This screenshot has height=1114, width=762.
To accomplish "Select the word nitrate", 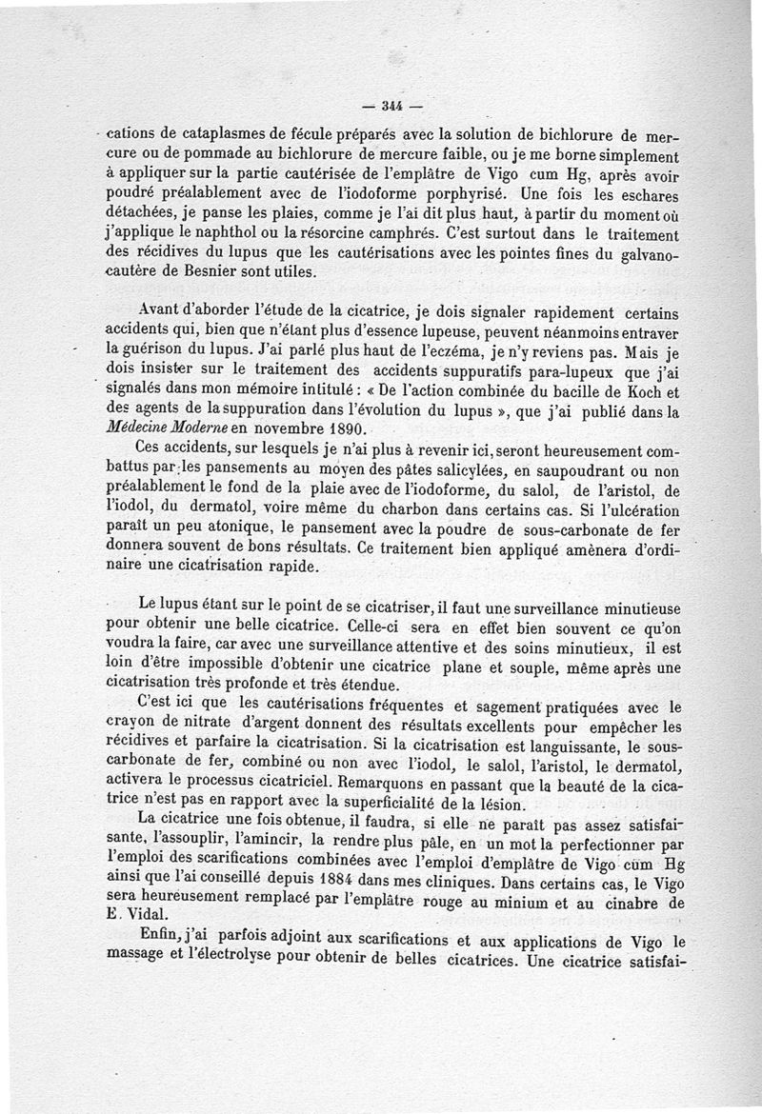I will point(194,726).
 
